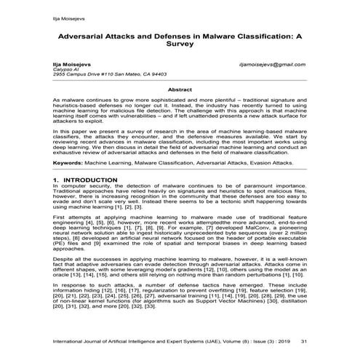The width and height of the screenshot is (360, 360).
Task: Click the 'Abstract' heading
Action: click(x=179, y=89)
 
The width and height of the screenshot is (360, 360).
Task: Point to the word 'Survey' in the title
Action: click(x=180, y=43)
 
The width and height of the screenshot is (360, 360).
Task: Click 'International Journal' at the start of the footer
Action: click(x=78, y=339)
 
